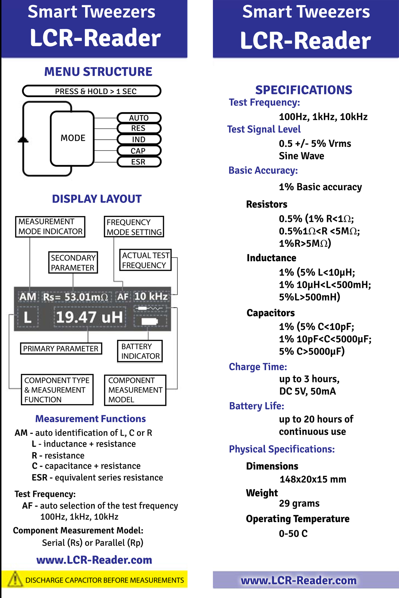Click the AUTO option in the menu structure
coord(139,118)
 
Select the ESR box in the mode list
coord(139,162)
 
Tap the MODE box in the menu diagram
coord(72,138)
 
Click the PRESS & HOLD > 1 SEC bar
coord(92,91)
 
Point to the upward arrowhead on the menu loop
coord(23,140)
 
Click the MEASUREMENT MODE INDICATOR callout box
coord(50,227)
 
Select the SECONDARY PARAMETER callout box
coord(73,263)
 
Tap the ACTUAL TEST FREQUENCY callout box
coord(145,260)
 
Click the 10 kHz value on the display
coord(151,296)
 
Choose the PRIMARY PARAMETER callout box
coord(61,349)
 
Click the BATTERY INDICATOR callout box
coord(140,351)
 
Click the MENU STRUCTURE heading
coord(98,72)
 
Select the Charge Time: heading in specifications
coord(258,367)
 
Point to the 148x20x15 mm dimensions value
coord(313,479)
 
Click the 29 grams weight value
coord(299,503)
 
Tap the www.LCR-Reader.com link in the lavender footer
coord(299,580)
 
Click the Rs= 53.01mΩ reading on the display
coord(76,297)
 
